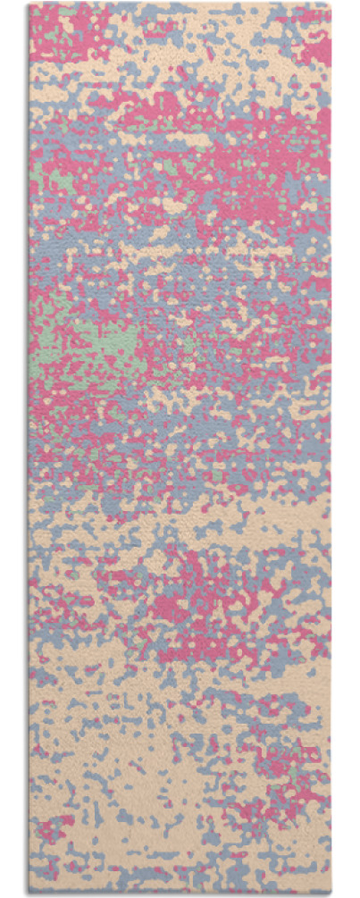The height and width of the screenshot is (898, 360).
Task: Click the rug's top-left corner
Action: click(29, 4)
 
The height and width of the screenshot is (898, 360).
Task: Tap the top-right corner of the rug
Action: click(331, 4)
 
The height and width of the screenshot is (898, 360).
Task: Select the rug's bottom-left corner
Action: click(29, 890)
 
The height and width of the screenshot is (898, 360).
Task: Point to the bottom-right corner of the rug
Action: click(331, 890)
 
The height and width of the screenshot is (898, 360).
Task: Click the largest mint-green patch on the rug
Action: click(94, 344)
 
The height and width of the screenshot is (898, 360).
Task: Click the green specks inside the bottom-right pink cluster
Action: click(291, 770)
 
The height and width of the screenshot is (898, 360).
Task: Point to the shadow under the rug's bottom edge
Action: click(179, 894)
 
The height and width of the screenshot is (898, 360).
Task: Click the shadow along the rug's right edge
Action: click(335, 447)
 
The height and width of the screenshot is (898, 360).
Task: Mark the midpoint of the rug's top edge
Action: click(180, 4)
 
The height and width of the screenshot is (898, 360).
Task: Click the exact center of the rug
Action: click(180, 447)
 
